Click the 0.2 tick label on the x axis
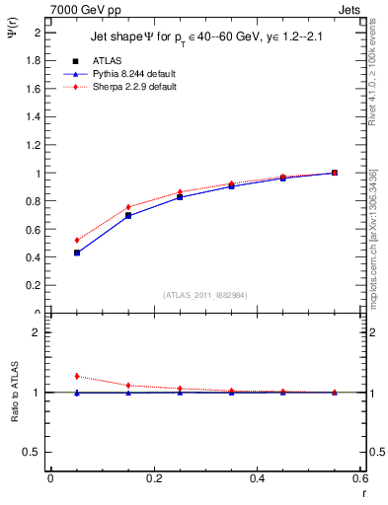pyautogui.click(x=153, y=479)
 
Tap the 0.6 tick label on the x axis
pyautogui.click(x=359, y=479)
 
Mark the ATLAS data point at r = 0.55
pyautogui.click(x=334, y=173)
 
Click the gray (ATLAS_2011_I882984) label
pyautogui.click(x=205, y=295)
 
